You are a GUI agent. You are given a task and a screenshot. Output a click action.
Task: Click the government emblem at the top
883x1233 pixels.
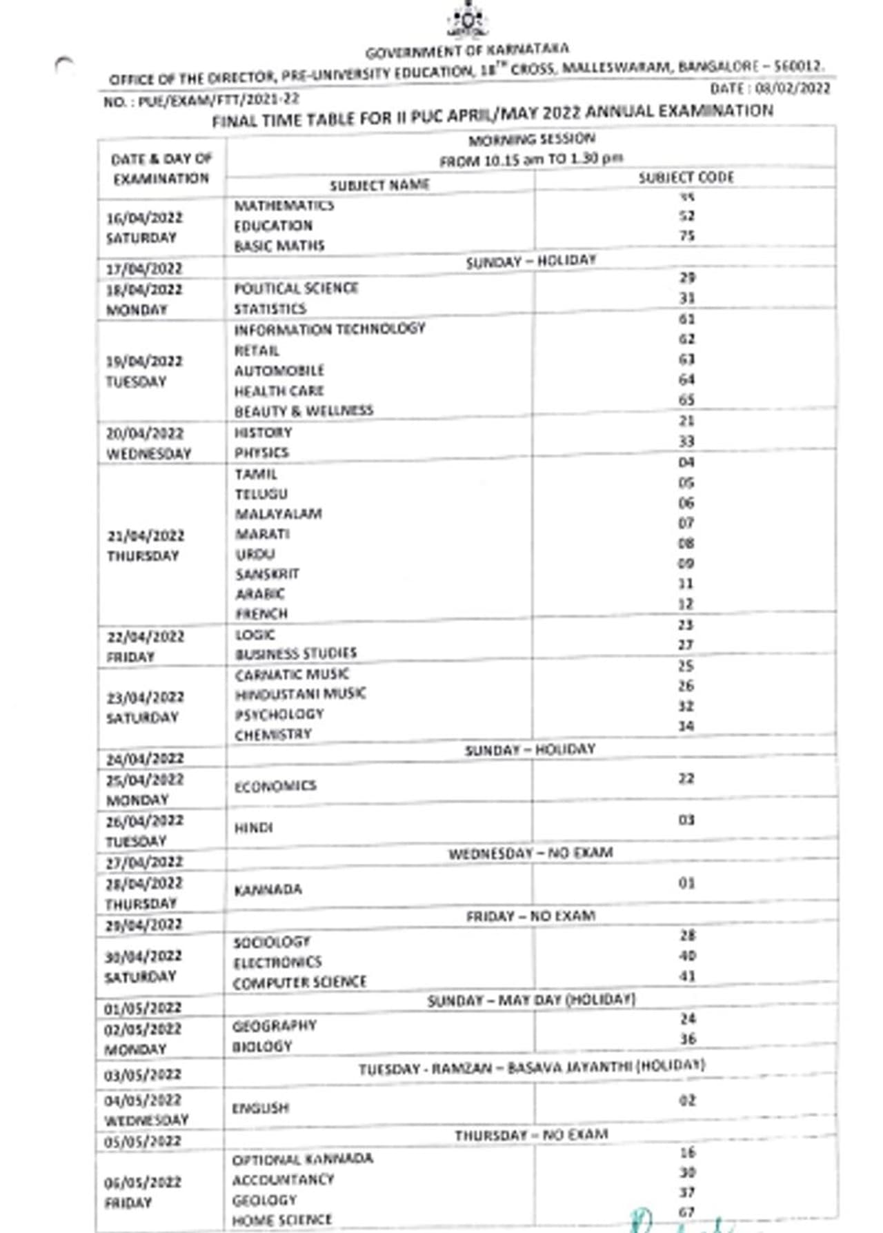coord(467,21)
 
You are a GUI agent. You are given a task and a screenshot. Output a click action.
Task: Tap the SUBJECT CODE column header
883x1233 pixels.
coord(686,177)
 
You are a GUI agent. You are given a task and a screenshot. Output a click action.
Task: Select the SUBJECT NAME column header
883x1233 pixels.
coord(379,185)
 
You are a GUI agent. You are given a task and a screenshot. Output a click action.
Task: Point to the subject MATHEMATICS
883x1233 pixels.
coord(284,206)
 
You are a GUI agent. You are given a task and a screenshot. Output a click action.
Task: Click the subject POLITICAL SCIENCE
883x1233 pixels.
coord(296,288)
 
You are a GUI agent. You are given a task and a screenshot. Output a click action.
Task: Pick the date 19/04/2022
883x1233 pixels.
coord(144,362)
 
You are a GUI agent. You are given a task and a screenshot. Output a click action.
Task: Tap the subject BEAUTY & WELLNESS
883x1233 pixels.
coord(304,411)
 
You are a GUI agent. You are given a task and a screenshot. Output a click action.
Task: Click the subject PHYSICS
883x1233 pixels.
coord(261,453)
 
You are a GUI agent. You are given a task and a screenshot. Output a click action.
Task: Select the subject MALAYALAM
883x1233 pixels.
coord(278,514)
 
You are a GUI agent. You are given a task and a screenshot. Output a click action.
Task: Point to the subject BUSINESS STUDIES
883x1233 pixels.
coord(296,653)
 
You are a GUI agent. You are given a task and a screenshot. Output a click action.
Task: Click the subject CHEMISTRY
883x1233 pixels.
coord(273,735)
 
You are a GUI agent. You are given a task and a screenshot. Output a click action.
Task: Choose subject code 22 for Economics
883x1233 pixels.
coord(686,778)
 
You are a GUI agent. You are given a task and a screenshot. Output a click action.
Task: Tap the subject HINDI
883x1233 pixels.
coord(253,827)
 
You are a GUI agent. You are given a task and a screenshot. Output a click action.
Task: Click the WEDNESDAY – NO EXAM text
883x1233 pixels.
coord(530,854)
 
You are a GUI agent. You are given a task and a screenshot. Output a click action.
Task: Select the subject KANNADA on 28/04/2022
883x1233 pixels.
coord(268,889)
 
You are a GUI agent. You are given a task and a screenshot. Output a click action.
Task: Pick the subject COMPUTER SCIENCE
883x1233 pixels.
coord(299,982)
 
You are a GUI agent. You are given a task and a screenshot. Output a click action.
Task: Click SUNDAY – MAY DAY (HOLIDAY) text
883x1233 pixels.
coord(530,1000)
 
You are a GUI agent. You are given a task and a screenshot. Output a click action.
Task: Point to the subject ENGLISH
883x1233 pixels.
coord(260,1107)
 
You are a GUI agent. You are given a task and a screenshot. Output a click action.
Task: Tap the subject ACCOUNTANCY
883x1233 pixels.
coord(283,1180)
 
